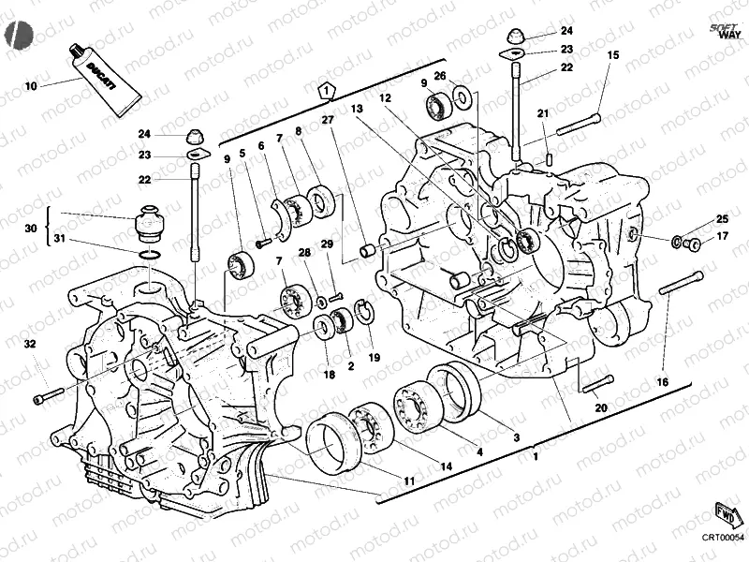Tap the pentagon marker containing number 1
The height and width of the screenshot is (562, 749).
click(325, 90)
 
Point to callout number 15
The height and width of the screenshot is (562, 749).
click(612, 55)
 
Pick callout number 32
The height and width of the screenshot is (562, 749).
click(30, 345)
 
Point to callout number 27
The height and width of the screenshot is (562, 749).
click(327, 120)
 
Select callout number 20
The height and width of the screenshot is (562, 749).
click(601, 407)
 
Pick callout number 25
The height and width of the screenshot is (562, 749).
click(721, 219)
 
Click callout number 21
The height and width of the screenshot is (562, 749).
click(542, 114)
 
